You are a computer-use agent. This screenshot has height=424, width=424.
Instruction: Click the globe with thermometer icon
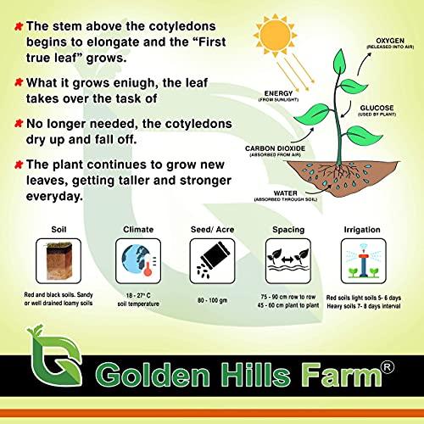[137, 259]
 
